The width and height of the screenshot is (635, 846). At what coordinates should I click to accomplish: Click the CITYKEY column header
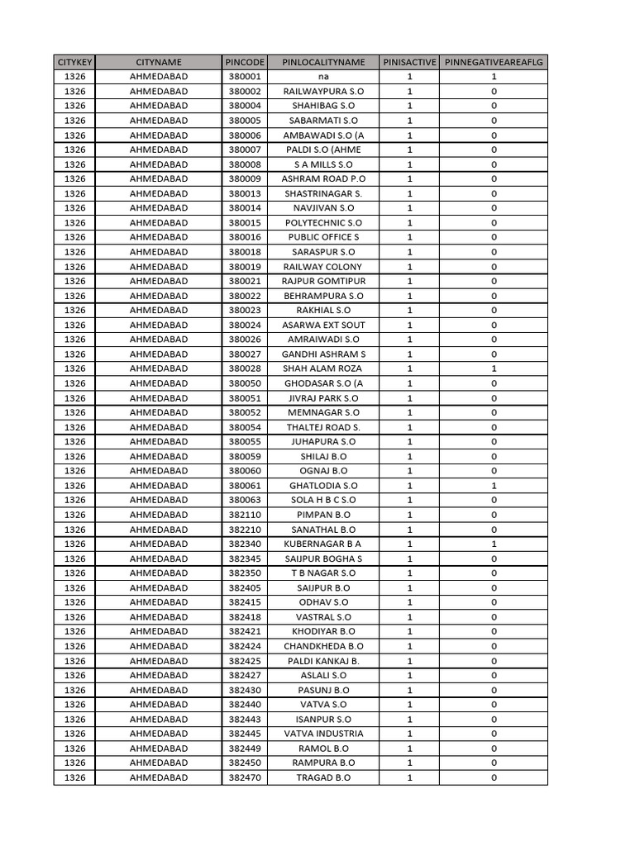74,63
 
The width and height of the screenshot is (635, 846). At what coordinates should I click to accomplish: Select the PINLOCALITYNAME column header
323,63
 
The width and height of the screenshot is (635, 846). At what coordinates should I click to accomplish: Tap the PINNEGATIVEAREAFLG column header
494,63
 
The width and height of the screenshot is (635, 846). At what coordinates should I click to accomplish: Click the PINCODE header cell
245,63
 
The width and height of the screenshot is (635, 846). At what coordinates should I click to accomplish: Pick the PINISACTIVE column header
409,63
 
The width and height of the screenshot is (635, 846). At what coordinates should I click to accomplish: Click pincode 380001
245,77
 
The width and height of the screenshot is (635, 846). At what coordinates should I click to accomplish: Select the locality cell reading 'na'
323,77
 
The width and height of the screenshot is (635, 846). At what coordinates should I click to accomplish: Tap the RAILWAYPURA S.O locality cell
323,92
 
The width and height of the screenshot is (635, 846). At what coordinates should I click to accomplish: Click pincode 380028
245,368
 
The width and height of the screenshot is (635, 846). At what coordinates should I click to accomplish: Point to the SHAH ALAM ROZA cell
323,368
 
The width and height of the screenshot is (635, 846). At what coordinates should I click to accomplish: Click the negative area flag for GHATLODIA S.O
494,486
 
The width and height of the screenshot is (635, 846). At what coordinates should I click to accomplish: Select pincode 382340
245,544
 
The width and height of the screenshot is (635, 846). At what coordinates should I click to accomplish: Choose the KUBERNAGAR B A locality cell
323,544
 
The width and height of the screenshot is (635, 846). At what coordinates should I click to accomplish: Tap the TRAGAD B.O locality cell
323,777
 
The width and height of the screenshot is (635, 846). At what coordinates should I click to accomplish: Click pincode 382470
245,777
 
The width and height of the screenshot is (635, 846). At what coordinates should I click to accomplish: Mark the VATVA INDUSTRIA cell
323,734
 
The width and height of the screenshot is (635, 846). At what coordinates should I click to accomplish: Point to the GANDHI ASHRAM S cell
323,354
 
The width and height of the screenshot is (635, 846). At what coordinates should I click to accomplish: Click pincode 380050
245,383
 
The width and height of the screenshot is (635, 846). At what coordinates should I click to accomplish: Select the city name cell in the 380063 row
159,500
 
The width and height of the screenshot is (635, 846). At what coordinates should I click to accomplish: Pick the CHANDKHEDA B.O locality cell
323,646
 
